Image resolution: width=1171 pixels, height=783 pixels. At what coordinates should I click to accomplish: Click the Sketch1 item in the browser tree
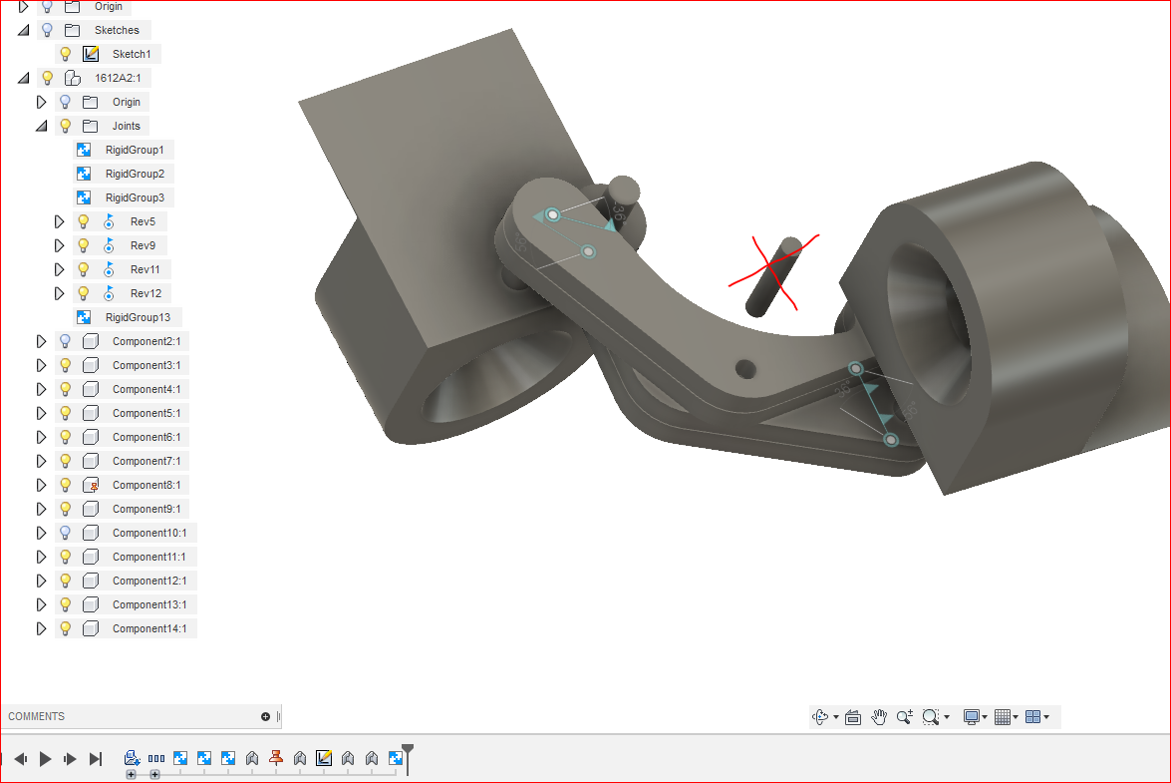131,54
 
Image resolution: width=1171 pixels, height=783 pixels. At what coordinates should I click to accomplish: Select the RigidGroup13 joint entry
137,317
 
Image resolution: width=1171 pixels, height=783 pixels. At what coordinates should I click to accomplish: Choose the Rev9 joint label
143,245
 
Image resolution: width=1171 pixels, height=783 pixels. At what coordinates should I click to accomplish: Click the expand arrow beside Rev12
59,293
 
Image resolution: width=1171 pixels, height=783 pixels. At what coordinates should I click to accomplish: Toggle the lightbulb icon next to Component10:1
65,533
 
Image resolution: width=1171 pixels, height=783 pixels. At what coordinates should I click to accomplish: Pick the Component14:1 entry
149,628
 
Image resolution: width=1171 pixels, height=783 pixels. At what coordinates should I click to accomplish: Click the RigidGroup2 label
135,174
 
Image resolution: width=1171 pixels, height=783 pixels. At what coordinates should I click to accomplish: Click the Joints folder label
127,126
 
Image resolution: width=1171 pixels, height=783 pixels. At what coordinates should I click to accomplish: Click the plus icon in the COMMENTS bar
266,716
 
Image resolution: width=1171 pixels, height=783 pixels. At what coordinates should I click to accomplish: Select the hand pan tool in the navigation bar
879,716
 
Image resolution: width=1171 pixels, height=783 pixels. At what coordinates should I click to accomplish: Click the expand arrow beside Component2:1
41,341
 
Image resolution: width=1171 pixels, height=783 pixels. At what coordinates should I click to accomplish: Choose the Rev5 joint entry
143,221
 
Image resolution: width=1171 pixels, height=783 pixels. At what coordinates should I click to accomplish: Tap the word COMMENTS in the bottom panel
37,716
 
